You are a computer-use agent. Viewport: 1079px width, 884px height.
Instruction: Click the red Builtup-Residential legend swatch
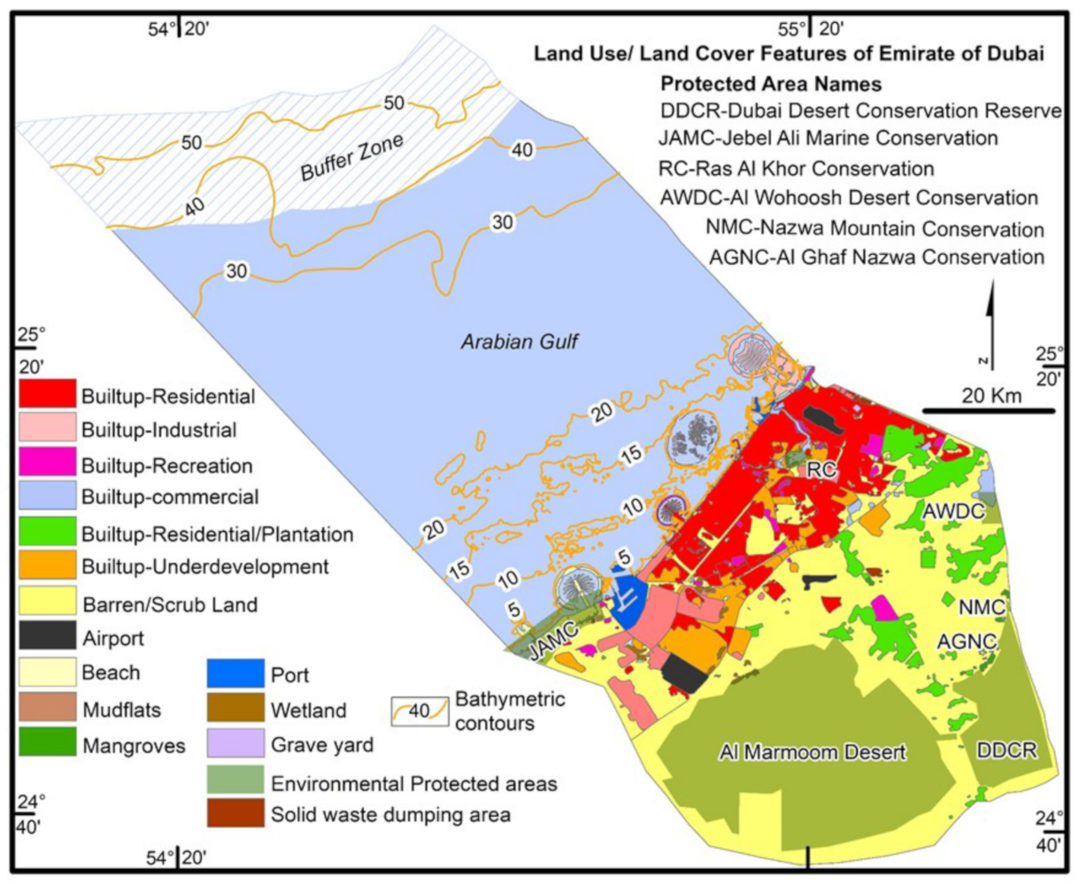point(47,396)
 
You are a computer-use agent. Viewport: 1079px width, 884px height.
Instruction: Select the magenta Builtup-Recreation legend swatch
point(47,465)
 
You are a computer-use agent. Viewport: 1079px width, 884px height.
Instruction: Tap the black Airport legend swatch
point(47,636)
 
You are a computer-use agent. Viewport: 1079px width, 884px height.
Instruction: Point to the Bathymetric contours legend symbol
point(420,711)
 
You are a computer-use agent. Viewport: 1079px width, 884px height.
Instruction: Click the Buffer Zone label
point(352,157)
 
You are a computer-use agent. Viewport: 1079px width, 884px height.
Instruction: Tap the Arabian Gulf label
point(519,342)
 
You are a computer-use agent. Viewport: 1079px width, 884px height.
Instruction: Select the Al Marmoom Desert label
point(812,752)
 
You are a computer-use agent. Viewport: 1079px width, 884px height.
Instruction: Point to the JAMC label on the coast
point(553,639)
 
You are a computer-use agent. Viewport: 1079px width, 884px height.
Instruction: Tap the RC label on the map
point(821,470)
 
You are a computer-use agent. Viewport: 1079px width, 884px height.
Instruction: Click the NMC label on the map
point(981,608)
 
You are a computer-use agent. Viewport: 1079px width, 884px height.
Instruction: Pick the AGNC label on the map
point(968,642)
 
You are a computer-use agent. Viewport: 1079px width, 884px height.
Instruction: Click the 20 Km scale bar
point(989,411)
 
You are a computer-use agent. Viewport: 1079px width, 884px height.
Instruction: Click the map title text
point(788,54)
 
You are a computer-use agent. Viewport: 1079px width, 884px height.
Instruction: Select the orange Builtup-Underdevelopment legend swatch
point(47,567)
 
